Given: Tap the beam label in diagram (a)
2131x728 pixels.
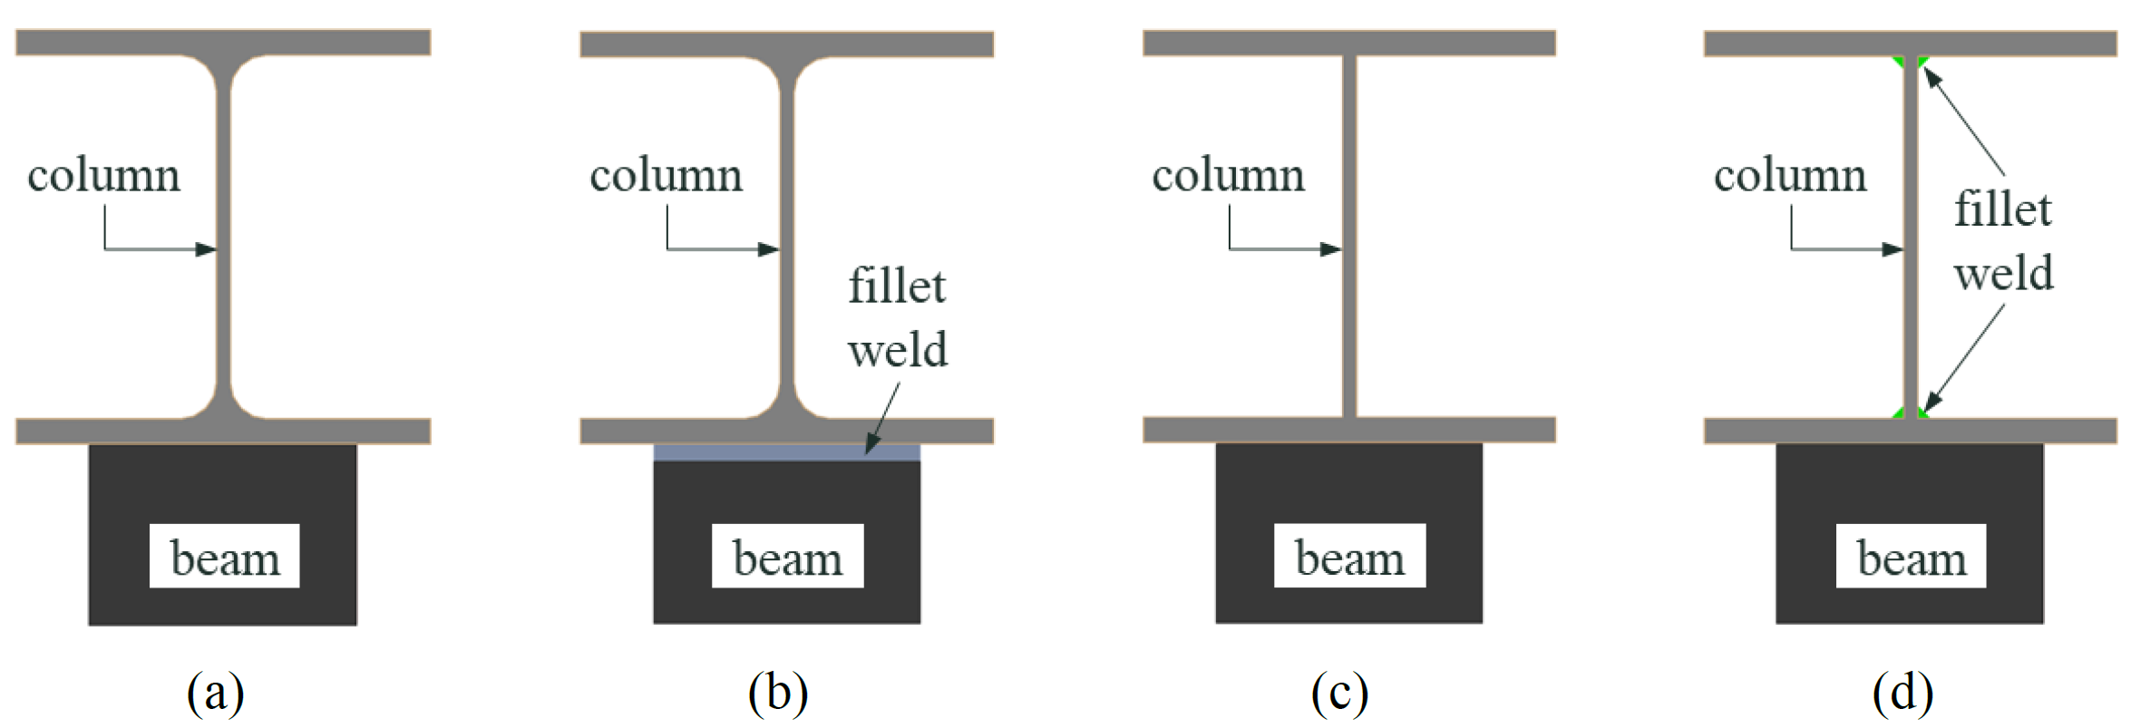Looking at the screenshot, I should [x=225, y=557].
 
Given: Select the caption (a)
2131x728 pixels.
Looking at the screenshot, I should [x=216, y=693].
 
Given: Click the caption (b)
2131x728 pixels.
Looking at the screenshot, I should [x=778, y=693].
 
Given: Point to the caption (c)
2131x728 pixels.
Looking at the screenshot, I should [x=1339, y=693].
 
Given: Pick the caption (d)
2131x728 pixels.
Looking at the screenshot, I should [x=1902, y=693].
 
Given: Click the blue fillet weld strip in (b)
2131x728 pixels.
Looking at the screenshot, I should [x=786, y=452].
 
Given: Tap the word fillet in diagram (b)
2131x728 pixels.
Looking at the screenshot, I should [x=897, y=286].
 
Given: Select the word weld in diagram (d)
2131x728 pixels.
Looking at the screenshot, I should [x=2003, y=273].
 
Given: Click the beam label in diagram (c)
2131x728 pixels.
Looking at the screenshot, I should [x=1349, y=557].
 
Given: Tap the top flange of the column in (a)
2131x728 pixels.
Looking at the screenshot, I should [x=223, y=43].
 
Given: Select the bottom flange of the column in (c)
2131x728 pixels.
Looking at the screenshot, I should [x=1349, y=430].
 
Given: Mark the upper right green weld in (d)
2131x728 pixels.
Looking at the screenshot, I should [x=1922, y=62].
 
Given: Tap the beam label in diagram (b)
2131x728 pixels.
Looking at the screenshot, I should [x=787, y=557].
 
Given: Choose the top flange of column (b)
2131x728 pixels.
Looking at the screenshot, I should [x=786, y=44].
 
